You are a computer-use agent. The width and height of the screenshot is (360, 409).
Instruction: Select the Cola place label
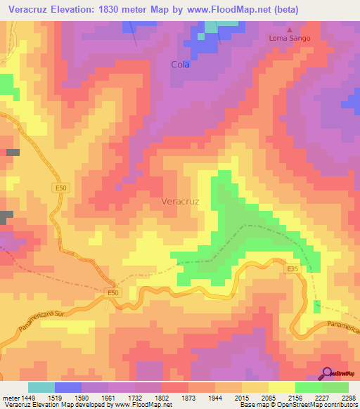click(x=181, y=64)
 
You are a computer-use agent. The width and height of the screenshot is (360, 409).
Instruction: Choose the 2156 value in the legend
click(x=294, y=398)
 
